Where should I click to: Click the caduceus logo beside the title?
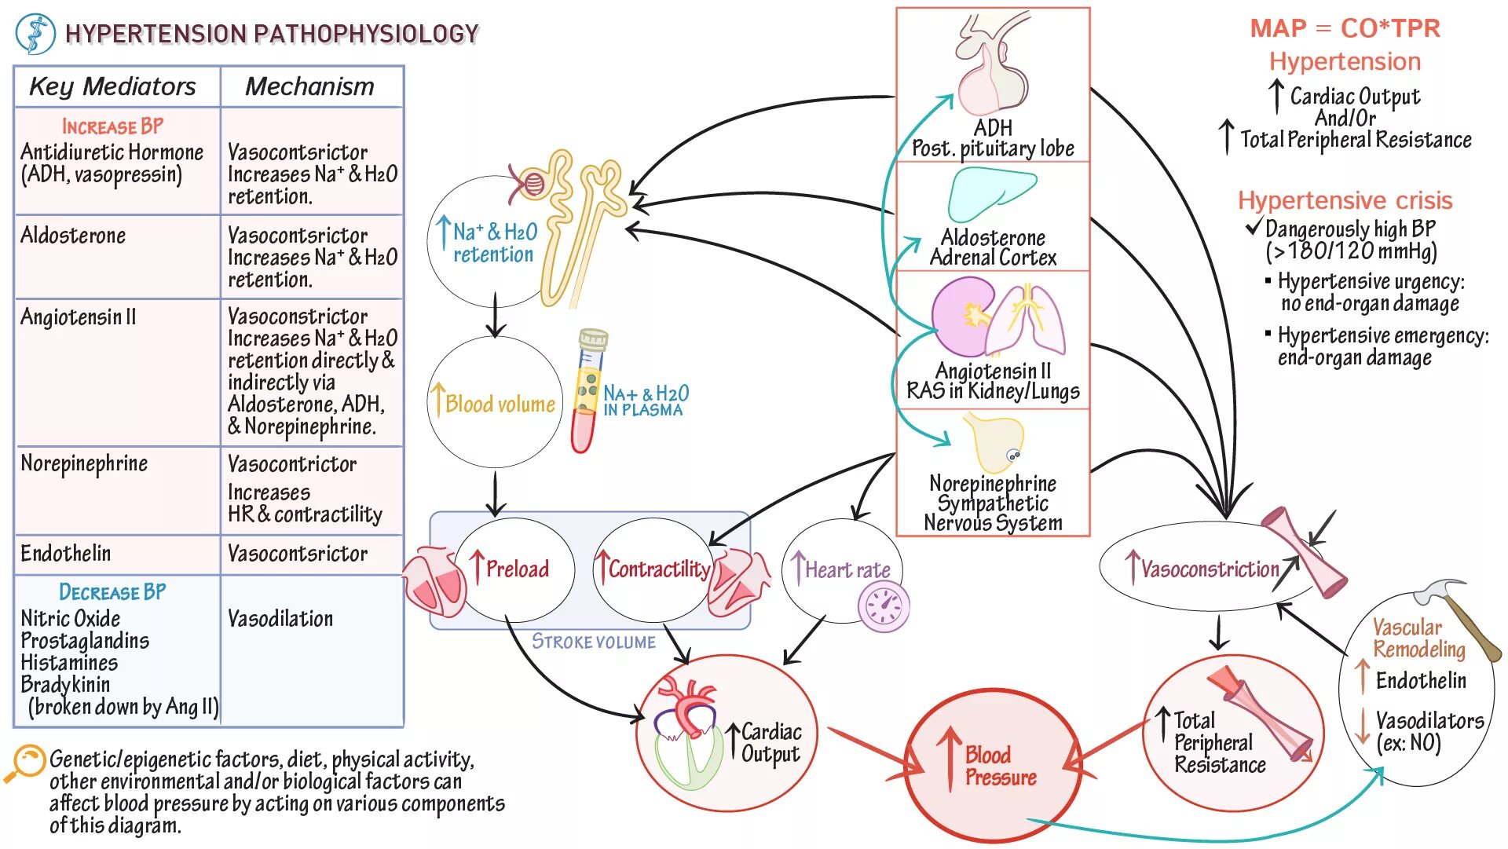(35, 34)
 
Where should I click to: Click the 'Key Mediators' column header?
(112, 86)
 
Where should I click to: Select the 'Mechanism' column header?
(309, 86)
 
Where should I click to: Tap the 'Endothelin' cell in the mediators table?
(66, 554)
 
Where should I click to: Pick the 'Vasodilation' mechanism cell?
(280, 619)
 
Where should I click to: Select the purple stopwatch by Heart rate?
(884, 607)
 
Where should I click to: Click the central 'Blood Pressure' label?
(1000, 767)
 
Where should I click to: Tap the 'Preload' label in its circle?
(516, 569)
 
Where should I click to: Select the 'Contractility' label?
(658, 569)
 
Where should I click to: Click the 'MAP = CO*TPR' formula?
(1345, 29)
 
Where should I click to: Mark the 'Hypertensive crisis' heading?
(1345, 201)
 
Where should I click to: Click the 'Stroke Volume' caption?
(594, 642)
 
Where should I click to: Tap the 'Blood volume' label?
(500, 404)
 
